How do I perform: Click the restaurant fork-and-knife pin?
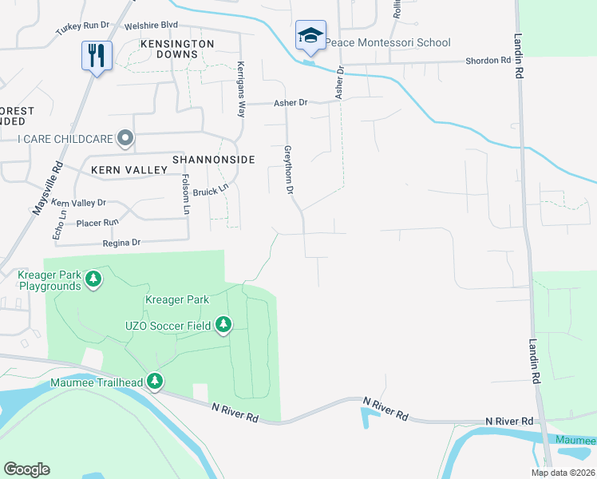tap(97, 56)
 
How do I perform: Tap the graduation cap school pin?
tap(310, 36)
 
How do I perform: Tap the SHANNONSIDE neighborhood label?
tap(219, 160)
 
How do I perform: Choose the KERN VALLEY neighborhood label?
tap(128, 170)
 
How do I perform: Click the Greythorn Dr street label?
tap(290, 169)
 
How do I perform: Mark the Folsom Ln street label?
tap(186, 195)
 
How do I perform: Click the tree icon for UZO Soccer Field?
tap(224, 325)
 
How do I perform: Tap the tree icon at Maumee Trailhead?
tap(155, 382)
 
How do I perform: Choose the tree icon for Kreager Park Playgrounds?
tap(94, 279)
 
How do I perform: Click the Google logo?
tap(26, 469)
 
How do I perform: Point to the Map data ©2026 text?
tap(563, 473)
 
